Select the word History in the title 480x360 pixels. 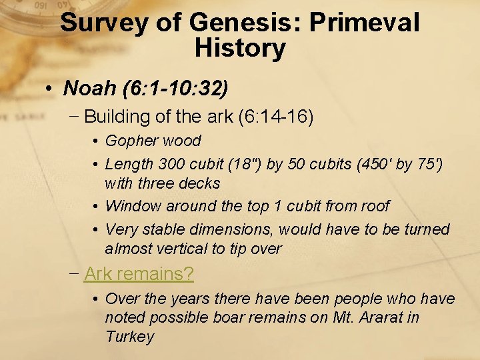(240, 48)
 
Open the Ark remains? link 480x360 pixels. (139, 273)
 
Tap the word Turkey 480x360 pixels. (129, 336)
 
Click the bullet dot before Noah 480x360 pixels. (50, 88)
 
